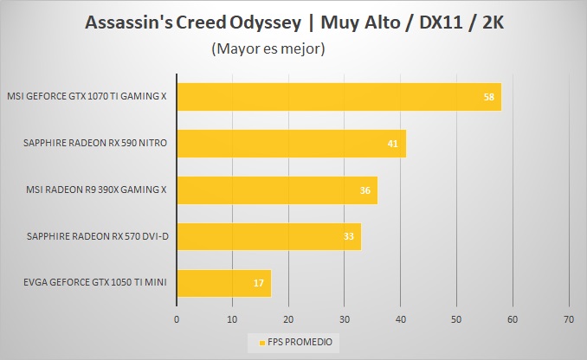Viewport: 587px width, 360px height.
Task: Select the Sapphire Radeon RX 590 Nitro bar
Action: [x=291, y=143]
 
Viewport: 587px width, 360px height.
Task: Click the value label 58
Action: [x=489, y=96]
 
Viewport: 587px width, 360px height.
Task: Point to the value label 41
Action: [x=392, y=143]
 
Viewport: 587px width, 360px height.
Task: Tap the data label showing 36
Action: [x=364, y=190]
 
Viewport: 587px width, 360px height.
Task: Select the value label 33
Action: [x=347, y=236]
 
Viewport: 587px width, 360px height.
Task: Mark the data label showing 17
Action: [x=257, y=283]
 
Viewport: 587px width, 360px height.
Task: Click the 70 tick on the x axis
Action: [x=569, y=318]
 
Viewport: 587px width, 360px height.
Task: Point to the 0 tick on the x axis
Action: [x=177, y=318]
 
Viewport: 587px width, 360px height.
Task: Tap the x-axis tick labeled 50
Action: [x=457, y=318]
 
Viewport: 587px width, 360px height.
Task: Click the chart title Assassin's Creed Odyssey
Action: [x=294, y=22]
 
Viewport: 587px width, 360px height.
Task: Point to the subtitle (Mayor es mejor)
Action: [x=268, y=49]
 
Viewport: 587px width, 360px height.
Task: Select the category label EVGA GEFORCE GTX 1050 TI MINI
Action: [x=89, y=283]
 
